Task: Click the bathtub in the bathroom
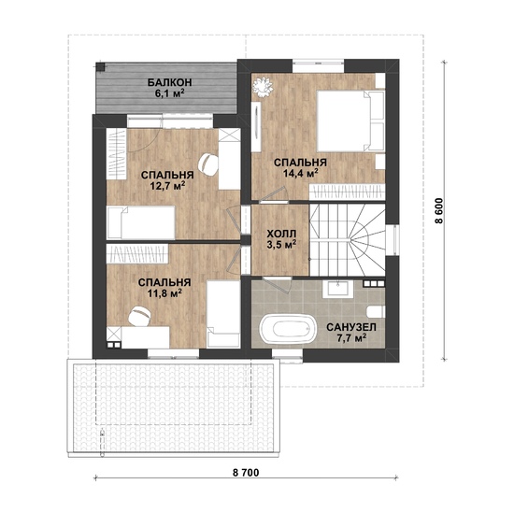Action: click(x=288, y=329)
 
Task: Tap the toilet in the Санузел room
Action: click(x=376, y=311)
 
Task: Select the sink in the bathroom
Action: click(x=337, y=289)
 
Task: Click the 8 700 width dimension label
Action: click(x=246, y=473)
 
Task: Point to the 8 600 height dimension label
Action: click(x=439, y=210)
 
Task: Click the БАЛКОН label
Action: click(x=169, y=82)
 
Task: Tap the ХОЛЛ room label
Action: click(x=281, y=234)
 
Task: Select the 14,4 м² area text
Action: click(x=301, y=173)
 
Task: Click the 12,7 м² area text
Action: click(x=167, y=186)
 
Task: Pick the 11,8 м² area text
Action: click(x=164, y=292)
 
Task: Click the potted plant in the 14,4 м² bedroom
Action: click(x=263, y=87)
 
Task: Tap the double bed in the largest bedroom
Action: click(x=350, y=121)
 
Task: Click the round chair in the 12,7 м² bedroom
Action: click(x=208, y=164)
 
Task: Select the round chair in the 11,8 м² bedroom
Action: click(x=139, y=317)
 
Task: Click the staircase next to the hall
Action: click(x=347, y=240)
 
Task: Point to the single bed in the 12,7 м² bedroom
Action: click(x=141, y=222)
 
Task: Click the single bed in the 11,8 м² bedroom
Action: click(x=223, y=313)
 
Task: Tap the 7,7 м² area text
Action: click(x=351, y=337)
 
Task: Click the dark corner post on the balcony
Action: click(x=100, y=66)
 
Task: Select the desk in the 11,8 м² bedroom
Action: click(x=145, y=337)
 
